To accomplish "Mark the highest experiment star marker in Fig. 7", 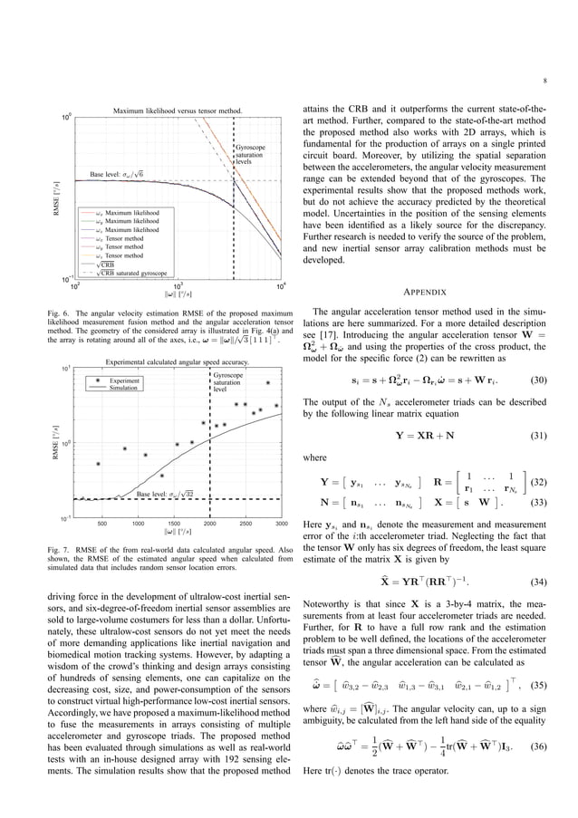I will click(x=268, y=382).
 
